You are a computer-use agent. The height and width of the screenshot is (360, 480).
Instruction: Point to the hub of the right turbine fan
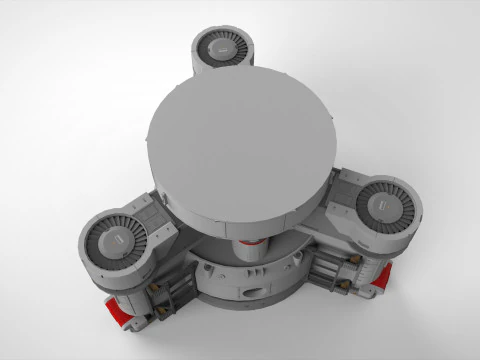click(x=381, y=206)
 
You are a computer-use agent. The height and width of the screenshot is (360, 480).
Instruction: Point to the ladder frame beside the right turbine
click(x=340, y=279)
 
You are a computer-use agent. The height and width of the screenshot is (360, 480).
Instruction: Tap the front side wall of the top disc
click(x=240, y=220)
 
